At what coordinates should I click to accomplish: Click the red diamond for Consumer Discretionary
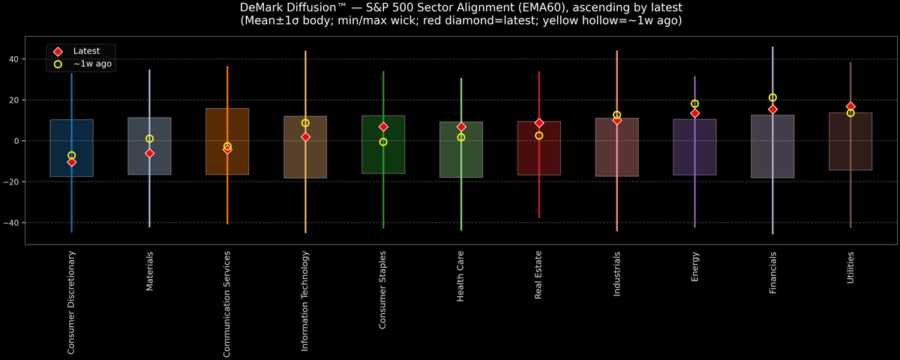(x=71, y=162)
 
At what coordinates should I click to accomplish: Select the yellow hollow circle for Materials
(x=149, y=139)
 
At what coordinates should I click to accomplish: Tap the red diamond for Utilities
(x=850, y=106)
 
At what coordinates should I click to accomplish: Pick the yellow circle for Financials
(x=772, y=97)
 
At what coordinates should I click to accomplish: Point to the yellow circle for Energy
(x=694, y=104)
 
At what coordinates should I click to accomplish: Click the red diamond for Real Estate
(x=538, y=123)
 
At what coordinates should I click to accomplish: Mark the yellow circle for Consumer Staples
(x=383, y=142)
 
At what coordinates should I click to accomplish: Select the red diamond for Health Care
(x=461, y=127)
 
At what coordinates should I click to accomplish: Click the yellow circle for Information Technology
(x=305, y=123)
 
